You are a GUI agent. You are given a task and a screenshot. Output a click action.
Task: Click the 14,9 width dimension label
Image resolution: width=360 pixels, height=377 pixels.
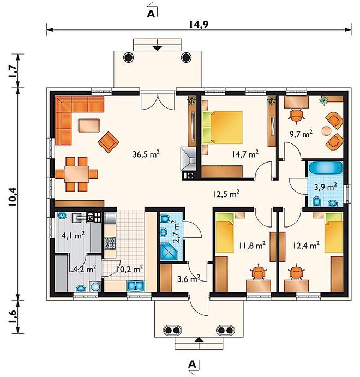[199, 25]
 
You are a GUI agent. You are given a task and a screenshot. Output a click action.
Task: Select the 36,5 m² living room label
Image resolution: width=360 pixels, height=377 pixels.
[146, 154]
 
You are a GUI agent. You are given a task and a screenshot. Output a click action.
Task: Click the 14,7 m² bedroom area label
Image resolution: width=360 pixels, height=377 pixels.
[245, 154]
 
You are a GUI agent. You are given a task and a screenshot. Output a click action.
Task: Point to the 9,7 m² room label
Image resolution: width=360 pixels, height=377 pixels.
[301, 134]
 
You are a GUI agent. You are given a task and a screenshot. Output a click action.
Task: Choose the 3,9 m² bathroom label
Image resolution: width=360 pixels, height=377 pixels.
[326, 187]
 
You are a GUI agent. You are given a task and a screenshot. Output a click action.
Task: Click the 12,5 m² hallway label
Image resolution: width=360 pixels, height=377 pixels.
[226, 194]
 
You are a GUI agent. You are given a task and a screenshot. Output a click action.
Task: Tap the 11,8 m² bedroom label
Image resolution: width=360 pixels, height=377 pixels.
[252, 246]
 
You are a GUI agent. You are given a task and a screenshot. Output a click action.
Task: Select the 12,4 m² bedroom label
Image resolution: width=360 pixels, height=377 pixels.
[306, 246]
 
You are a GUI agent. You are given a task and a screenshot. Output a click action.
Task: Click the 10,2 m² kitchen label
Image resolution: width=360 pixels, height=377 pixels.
[130, 269]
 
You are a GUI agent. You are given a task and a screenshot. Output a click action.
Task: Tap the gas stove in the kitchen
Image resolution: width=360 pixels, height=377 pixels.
[110, 243]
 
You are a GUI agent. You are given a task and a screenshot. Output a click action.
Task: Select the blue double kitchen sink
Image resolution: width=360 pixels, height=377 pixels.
[135, 286]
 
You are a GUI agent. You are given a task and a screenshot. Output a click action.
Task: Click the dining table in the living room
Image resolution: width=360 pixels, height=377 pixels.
[77, 174]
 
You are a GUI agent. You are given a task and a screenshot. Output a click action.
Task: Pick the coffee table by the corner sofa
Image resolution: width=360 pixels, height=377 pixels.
[89, 125]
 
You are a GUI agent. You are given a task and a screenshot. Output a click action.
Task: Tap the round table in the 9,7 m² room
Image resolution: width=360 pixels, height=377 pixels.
[326, 131]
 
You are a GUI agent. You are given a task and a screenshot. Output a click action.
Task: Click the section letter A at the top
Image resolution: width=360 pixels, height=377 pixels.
[151, 14]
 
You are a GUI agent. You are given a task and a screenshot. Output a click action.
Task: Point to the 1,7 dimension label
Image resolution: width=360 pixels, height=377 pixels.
[13, 71]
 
